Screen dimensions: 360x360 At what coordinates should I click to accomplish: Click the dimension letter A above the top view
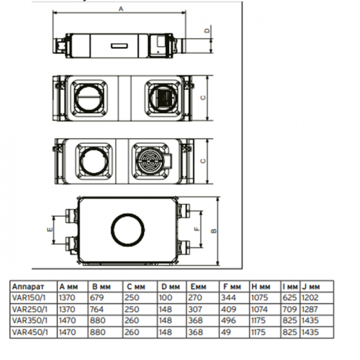click(x=121, y=9)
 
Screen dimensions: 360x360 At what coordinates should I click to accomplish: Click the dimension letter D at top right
click(x=207, y=30)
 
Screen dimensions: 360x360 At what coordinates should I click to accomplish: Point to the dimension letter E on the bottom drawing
click(x=50, y=230)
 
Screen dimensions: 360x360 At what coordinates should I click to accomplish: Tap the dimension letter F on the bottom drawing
click(x=197, y=229)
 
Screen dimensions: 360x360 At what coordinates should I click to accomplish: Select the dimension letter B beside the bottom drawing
click(x=213, y=230)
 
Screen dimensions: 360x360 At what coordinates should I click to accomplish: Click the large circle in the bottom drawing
click(x=127, y=214)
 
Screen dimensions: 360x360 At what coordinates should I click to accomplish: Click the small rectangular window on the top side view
click(x=120, y=45)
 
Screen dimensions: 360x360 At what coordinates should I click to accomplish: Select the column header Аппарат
click(x=28, y=287)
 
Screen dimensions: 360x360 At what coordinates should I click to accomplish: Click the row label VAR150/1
click(x=29, y=297)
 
